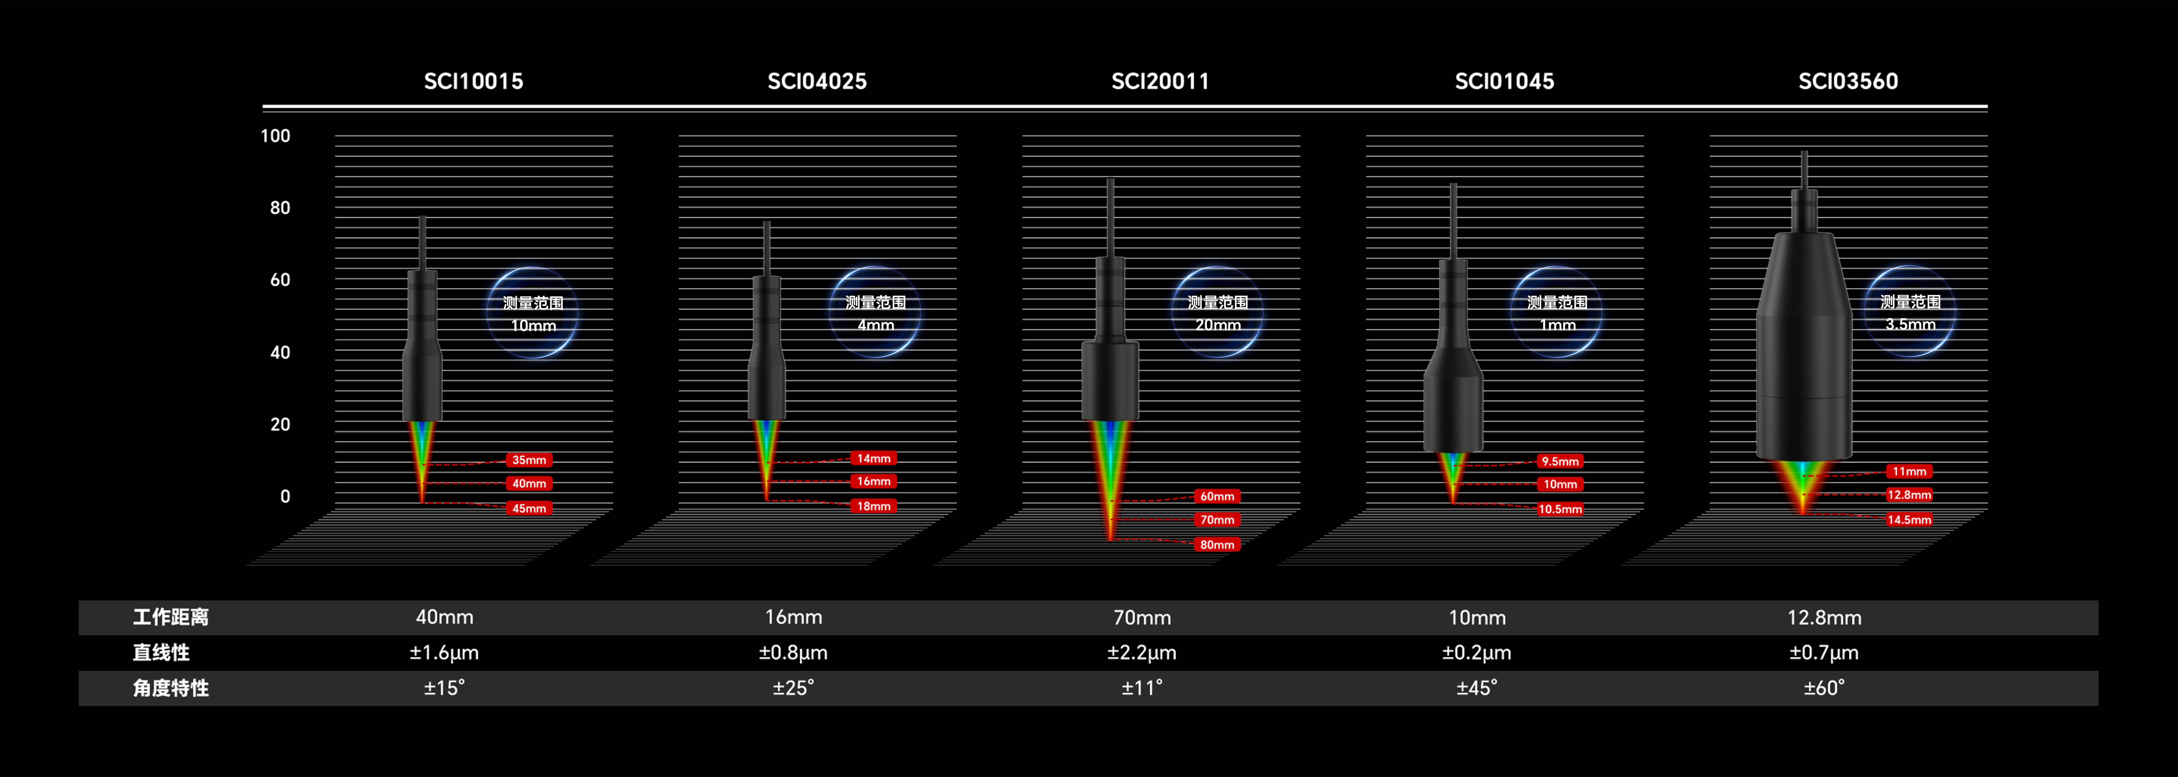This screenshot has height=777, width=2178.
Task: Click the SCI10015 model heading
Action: (473, 81)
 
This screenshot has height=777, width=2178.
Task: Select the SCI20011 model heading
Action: (1160, 81)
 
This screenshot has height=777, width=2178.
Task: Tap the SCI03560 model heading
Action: (1848, 81)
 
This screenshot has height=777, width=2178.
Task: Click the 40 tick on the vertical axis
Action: (280, 353)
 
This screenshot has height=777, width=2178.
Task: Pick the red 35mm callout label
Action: (529, 460)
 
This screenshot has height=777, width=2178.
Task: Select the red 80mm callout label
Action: (1218, 545)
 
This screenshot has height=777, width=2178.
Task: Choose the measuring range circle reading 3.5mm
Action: (1910, 312)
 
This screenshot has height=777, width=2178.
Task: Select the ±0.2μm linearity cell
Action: (1477, 653)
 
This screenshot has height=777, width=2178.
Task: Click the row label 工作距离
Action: (171, 617)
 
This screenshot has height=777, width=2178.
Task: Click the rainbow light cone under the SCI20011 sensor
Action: (1110, 473)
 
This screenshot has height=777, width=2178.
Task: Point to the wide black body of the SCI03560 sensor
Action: (1804, 347)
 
